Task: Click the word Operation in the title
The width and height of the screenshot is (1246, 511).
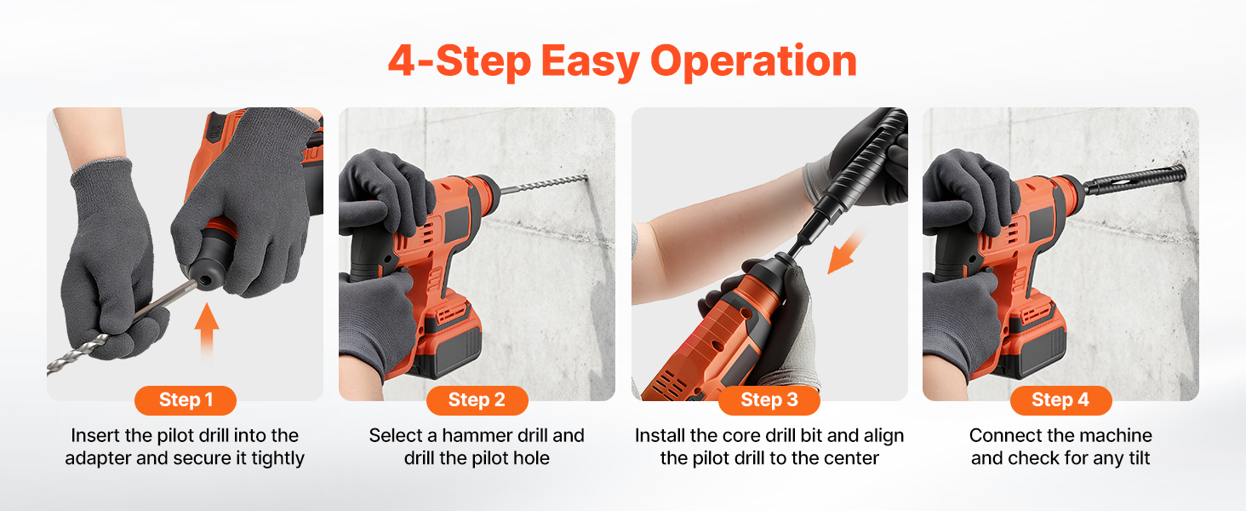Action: coord(754,61)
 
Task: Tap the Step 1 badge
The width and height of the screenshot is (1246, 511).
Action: coord(186,400)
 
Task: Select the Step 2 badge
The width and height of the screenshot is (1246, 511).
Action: coord(477,400)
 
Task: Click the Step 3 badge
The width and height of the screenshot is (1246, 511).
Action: coord(769,400)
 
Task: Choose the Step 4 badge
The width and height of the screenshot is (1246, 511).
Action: coord(1060,400)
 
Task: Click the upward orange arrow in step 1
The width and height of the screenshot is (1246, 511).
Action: coord(206,332)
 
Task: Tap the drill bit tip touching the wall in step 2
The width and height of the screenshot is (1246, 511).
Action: coord(586,177)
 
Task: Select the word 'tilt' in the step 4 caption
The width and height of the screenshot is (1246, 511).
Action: coord(1139,458)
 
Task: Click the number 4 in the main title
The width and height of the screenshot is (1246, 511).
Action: coord(402,60)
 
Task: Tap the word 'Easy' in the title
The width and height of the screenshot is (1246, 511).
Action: coord(590,62)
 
